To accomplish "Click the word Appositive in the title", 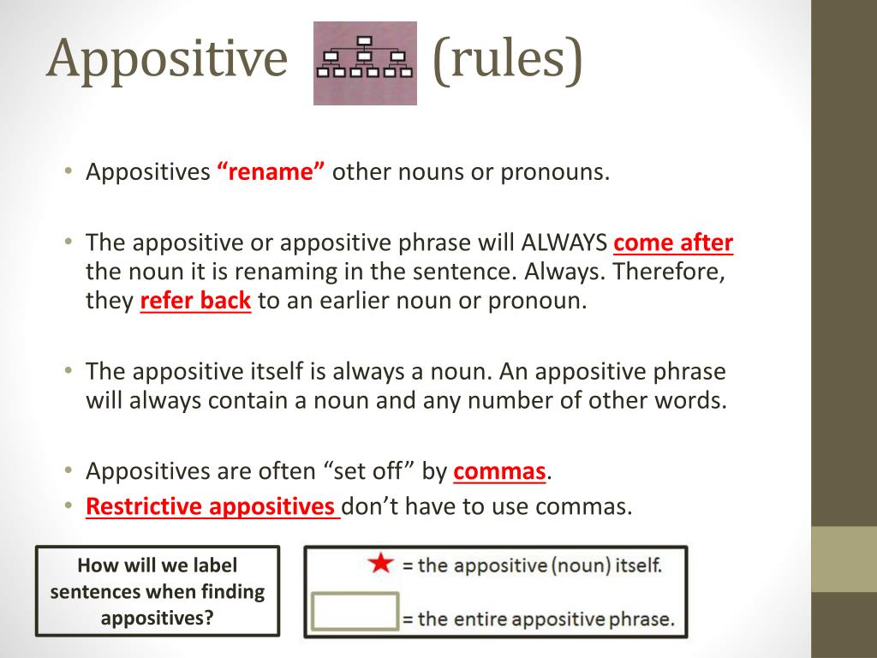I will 167,59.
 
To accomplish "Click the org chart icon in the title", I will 365,63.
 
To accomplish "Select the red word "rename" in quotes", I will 271,172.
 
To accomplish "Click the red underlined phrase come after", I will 673,243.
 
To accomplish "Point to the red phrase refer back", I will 195,302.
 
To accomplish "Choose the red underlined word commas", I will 499,471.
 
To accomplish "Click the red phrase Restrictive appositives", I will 211,506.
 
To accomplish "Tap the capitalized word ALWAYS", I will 565,243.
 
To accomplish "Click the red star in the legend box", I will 380,564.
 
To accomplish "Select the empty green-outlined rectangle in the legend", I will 355,612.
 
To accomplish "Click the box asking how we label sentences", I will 158,591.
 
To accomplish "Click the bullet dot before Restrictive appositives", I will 68,505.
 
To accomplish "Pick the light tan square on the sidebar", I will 844,559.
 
